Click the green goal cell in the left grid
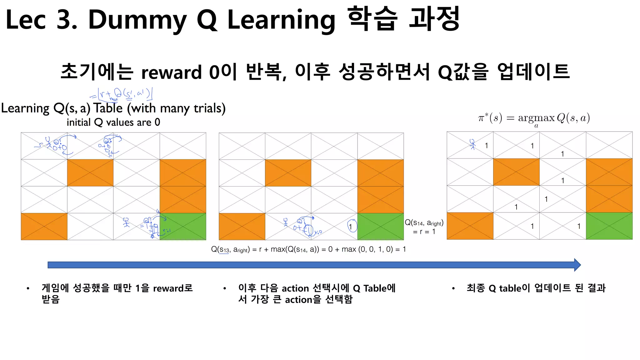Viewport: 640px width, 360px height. [183, 227]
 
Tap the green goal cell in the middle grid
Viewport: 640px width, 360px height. [380, 227]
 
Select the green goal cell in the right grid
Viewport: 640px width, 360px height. [609, 226]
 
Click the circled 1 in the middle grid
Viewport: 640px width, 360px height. [351, 226]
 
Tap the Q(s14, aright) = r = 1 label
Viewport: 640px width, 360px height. [424, 227]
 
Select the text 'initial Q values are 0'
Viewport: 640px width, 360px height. [113, 122]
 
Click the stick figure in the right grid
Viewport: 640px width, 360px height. [472, 144]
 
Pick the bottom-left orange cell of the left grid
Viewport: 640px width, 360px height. [44, 227]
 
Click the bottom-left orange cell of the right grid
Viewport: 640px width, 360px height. [470, 226]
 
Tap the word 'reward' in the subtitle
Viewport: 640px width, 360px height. [172, 72]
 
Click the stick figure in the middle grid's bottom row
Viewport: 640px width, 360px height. [286, 222]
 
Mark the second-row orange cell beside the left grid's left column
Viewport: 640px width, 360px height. [90, 173]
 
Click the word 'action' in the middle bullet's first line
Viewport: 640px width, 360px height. [295, 288]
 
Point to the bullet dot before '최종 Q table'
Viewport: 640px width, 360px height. [453, 288]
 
